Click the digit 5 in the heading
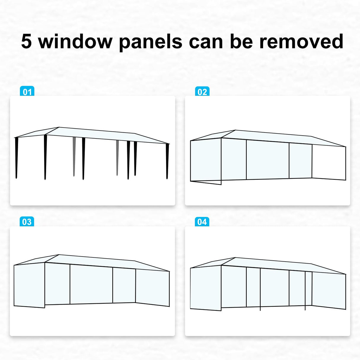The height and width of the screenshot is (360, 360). tap(26, 41)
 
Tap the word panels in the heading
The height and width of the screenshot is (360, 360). tap(150, 42)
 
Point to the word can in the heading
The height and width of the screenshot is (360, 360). tap(206, 42)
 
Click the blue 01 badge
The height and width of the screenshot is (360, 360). tap(27, 92)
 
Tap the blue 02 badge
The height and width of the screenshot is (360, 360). tap(202, 92)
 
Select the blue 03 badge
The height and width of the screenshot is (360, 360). tap(27, 222)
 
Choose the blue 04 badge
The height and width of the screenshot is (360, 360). tap(202, 222)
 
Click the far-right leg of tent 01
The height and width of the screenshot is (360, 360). tap(167, 162)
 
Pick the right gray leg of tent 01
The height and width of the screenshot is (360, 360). tap(117, 157)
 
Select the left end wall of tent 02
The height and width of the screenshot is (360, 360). tap(205, 162)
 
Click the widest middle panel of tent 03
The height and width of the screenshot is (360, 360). tap(91, 284)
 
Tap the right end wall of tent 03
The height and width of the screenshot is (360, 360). tap(152, 287)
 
